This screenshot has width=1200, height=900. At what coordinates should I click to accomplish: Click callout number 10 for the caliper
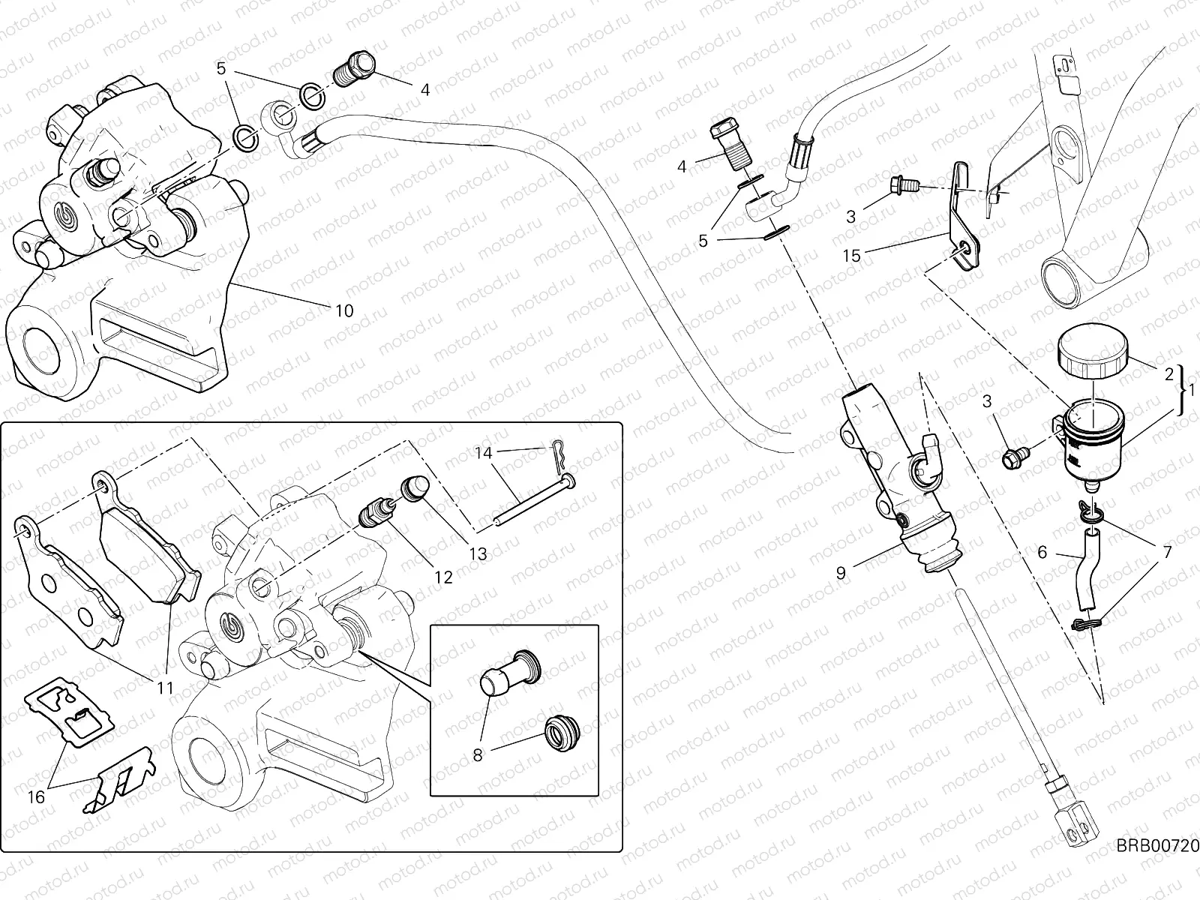344,310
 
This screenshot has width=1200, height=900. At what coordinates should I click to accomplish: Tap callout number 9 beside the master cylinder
841,573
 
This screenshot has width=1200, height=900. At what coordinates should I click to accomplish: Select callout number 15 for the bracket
851,256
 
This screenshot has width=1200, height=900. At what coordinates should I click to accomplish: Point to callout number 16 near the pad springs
36,797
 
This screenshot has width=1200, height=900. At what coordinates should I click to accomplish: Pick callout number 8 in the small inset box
478,755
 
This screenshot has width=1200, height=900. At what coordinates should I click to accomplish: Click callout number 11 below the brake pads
165,688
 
